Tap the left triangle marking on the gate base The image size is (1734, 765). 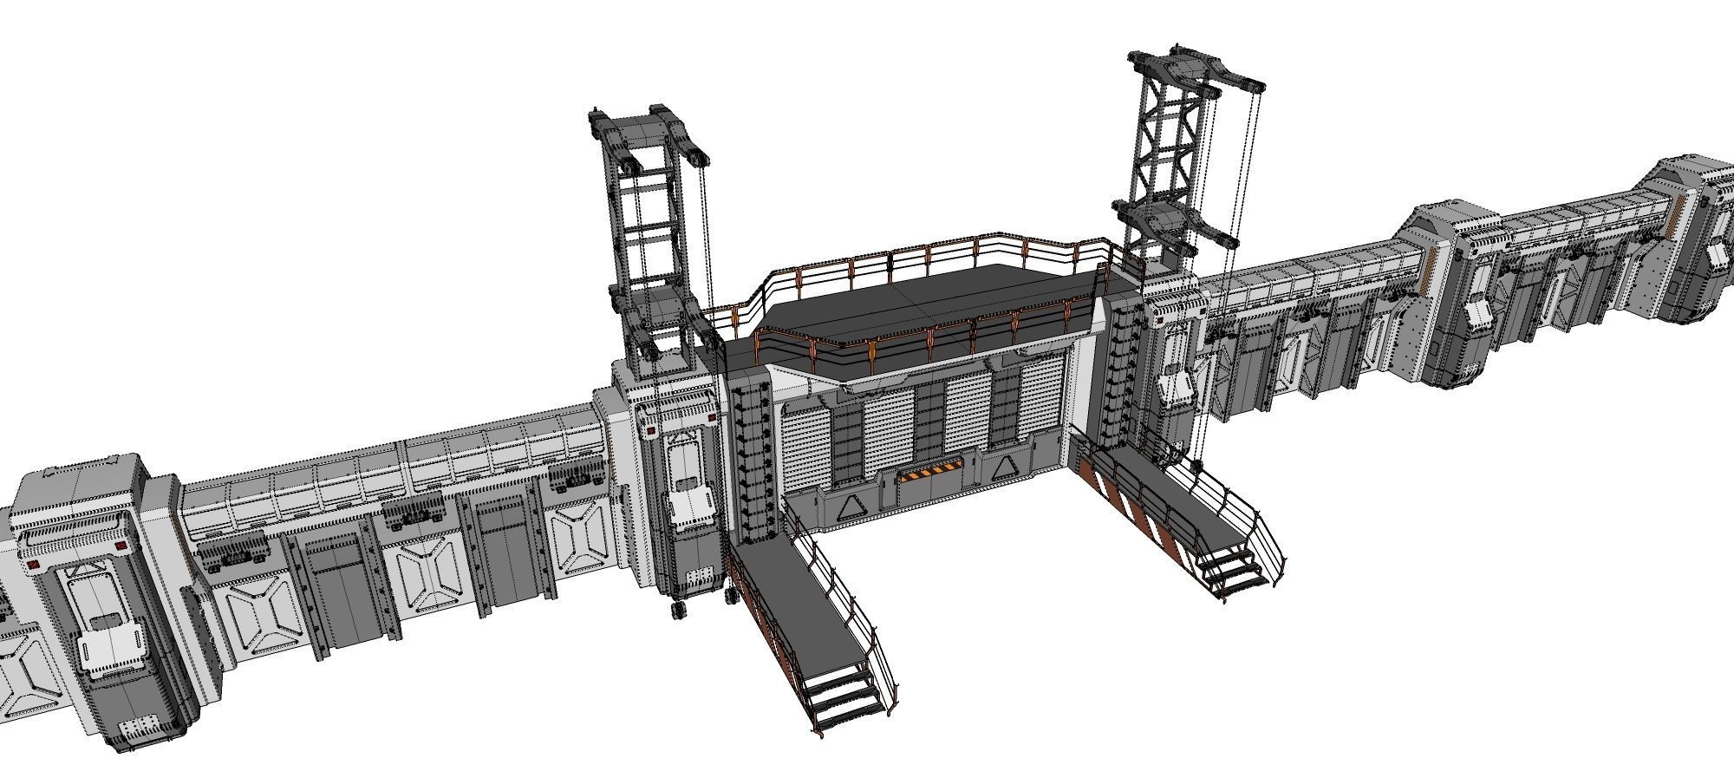point(848,507)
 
